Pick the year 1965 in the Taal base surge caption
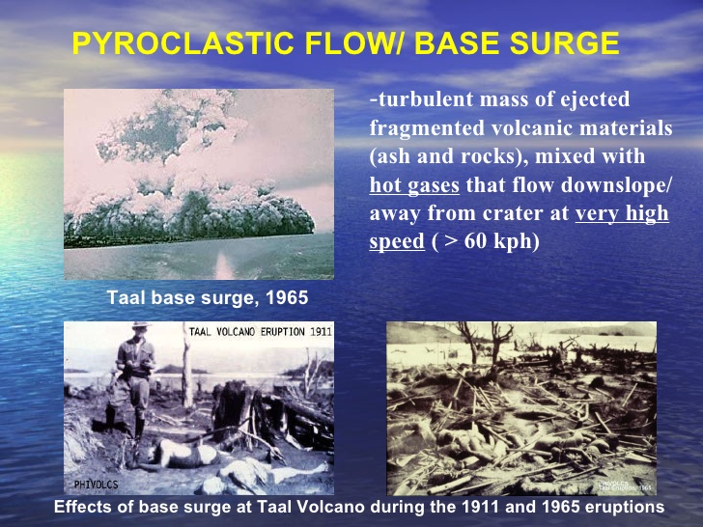(x=288, y=298)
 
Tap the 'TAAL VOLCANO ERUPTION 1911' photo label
(x=258, y=331)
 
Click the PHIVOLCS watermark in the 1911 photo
(x=96, y=484)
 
